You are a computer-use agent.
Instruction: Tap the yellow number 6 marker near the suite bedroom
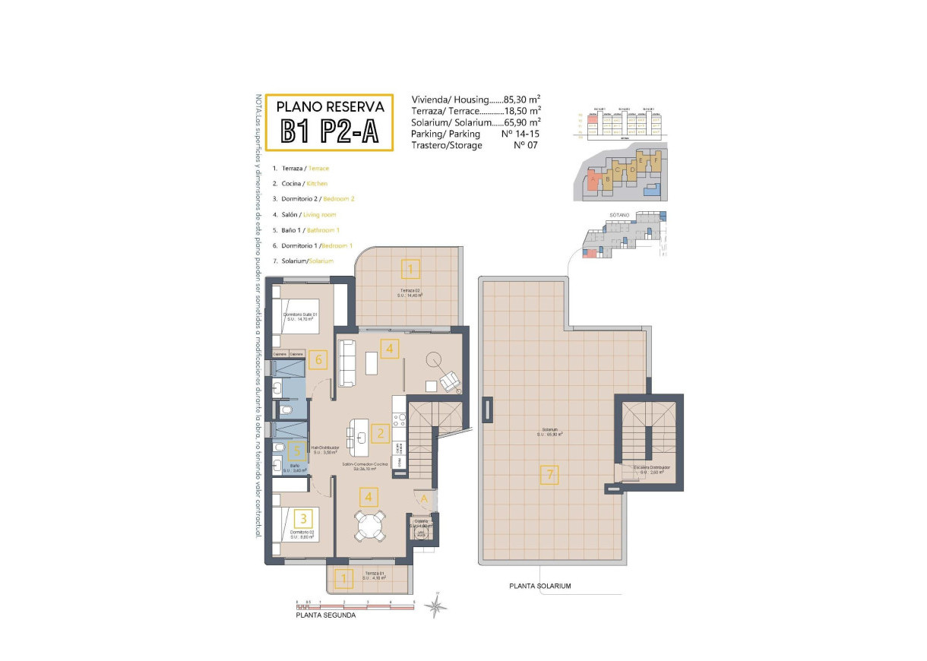(319, 359)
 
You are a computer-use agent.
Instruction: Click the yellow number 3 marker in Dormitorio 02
(304, 519)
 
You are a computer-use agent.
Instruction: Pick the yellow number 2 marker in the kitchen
(380, 434)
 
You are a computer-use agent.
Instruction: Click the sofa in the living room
(348, 363)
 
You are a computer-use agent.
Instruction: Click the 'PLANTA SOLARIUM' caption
(539, 586)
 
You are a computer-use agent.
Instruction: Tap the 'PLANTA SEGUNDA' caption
(325, 615)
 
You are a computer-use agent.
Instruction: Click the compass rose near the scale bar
(436, 605)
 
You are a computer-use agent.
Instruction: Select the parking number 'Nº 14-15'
(520, 134)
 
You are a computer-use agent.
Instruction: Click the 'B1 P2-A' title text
(330, 131)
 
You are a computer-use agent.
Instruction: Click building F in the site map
(656, 160)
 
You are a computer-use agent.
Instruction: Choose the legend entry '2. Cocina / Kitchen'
(300, 183)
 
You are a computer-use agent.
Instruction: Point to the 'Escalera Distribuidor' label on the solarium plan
(653, 469)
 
